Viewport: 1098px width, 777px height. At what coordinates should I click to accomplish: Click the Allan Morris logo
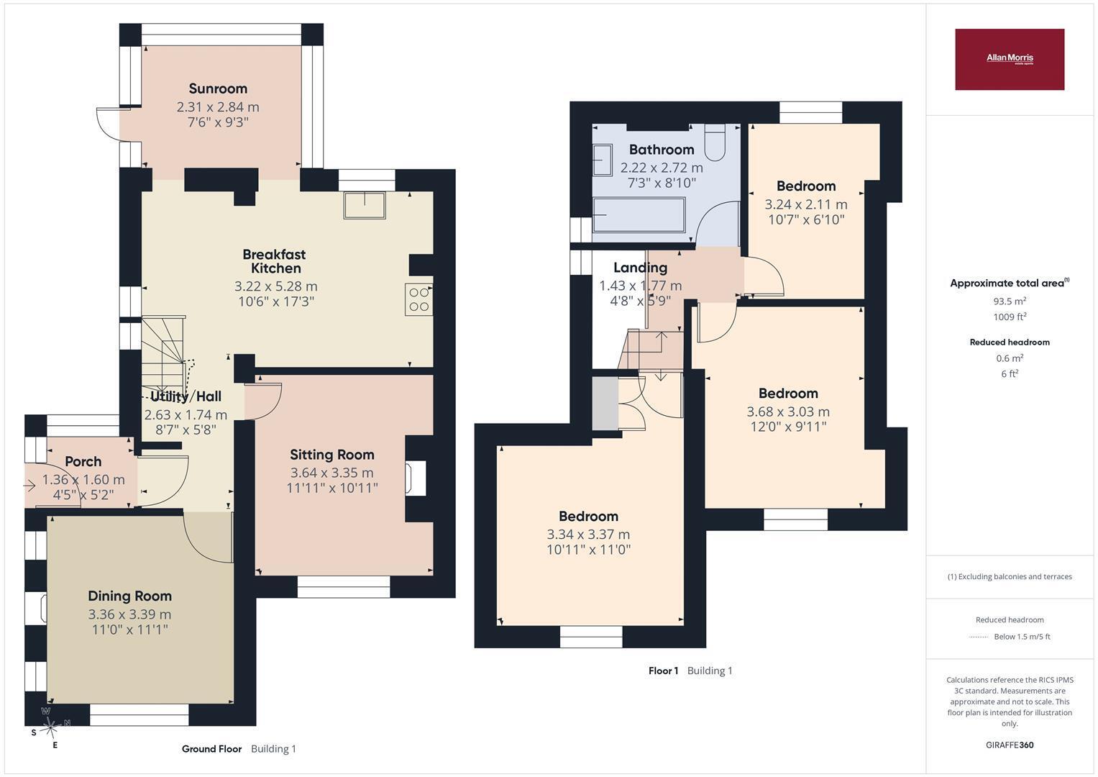[1010, 59]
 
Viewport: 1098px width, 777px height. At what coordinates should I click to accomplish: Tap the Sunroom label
[218, 88]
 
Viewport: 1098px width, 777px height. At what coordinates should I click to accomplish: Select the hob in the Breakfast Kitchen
[418, 299]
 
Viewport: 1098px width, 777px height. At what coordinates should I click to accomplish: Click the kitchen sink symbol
[365, 205]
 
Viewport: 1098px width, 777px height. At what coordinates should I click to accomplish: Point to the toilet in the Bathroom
[715, 142]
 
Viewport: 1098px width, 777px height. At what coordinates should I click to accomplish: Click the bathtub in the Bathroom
[639, 215]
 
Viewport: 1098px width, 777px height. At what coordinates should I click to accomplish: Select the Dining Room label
[130, 596]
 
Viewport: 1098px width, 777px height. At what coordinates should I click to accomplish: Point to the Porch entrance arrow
[29, 486]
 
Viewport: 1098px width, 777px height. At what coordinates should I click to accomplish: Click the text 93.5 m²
[1010, 301]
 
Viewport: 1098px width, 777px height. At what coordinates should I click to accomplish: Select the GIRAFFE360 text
[1010, 745]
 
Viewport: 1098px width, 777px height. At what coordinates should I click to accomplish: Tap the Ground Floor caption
[211, 748]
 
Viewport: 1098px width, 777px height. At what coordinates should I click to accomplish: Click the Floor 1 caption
[663, 671]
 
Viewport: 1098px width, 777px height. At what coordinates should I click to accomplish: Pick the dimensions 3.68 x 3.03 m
[788, 412]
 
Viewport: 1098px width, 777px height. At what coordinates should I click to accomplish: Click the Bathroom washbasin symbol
[603, 160]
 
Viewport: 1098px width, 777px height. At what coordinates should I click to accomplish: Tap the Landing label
[640, 268]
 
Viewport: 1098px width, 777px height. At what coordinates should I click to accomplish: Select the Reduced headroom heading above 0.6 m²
[1010, 342]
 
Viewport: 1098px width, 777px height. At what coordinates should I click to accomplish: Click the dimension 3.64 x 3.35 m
[332, 473]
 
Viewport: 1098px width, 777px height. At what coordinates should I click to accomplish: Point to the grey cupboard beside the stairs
[605, 403]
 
